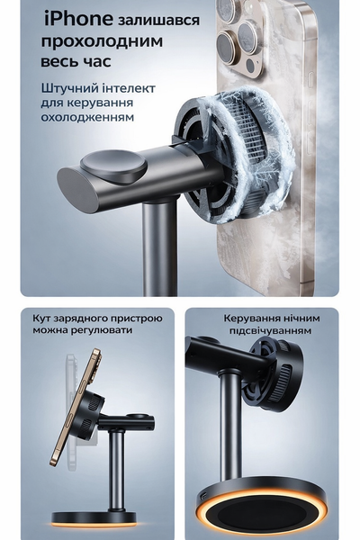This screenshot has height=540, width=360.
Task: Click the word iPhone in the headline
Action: [78, 19]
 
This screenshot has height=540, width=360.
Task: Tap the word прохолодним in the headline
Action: [102, 41]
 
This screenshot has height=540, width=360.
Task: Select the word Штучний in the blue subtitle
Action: [69, 88]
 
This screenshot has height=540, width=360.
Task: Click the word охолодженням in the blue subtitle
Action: [87, 117]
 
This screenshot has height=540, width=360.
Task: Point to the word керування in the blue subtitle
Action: [100, 103]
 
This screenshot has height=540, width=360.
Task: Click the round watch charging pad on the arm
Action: [113, 166]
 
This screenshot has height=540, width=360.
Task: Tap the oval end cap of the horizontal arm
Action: [78, 190]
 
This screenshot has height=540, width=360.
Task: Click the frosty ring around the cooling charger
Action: [248, 151]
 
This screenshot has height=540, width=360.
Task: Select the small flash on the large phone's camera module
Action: [250, 65]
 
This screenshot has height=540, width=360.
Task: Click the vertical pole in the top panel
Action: [160, 247]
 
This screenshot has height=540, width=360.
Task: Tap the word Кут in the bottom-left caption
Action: [40, 318]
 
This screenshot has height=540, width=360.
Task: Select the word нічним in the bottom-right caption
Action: [302, 318]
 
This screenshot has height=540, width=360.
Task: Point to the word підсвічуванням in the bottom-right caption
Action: [270, 330]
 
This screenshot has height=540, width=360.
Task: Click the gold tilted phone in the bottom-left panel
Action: [76, 407]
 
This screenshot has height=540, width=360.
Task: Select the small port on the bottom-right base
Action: [203, 495]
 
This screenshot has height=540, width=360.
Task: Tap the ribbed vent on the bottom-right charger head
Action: [282, 381]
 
